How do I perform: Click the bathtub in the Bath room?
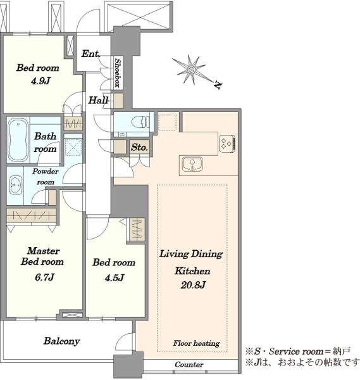coord(18,140)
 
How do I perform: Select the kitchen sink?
coord(192,164)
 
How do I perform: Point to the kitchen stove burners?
coord(227,144)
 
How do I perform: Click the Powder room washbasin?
coord(16,185)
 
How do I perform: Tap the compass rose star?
coord(192,70)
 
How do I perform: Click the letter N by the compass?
coord(218,85)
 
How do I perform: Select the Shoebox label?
coord(118,72)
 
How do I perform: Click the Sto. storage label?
coord(139,147)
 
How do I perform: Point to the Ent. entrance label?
coord(90,54)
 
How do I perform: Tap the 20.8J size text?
coord(193,285)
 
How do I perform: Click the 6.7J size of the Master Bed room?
coord(44,277)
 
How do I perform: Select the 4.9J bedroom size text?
coord(40,80)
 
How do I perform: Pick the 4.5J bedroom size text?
coord(115,277)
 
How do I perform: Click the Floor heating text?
coord(196,343)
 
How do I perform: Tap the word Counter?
coord(189,364)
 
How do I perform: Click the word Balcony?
coord(61,341)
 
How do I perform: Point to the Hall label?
coord(98,100)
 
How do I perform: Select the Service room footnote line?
coord(297,351)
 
